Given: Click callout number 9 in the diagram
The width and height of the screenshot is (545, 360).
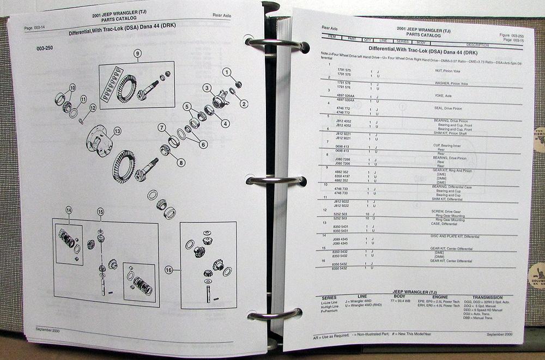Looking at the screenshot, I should click(x=138, y=53).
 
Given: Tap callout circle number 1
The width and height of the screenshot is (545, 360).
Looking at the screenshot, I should click(x=226, y=72).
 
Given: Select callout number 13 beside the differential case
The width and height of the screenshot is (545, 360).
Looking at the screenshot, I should click(x=117, y=131).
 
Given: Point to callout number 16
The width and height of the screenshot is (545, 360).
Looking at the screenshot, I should click(x=168, y=270).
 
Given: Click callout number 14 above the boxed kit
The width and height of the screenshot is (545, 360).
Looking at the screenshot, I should click(x=69, y=211).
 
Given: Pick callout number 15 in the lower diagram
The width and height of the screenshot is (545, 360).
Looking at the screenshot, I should click(x=100, y=211).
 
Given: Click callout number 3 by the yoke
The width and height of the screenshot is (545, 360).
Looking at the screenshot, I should click(x=207, y=88).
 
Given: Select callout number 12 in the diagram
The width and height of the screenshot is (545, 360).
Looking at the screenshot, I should click(x=94, y=108).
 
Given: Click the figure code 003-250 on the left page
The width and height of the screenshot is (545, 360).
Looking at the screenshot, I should click(x=49, y=48).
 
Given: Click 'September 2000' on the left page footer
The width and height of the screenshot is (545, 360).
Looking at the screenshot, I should click(x=49, y=330).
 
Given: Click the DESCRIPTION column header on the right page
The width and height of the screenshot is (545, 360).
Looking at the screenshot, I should click(x=477, y=45).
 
